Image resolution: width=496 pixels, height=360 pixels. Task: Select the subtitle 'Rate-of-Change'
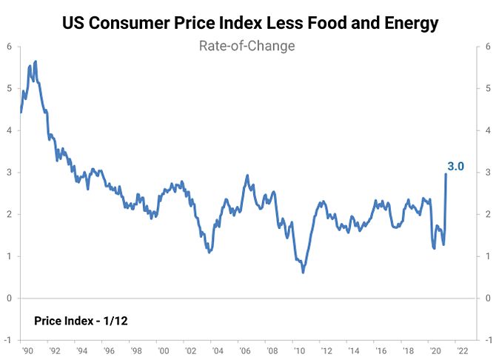click(247, 46)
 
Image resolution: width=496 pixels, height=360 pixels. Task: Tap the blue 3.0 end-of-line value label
click(455, 167)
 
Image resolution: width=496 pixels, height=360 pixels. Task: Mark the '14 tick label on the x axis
click(352, 350)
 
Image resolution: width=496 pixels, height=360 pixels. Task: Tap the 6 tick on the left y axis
click(9, 47)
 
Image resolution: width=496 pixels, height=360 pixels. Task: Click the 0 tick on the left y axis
click(9, 299)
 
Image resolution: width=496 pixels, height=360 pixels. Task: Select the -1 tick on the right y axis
click(485, 340)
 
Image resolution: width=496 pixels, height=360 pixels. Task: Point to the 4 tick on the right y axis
click(486, 130)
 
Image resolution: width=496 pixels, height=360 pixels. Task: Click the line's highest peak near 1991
click(36, 61)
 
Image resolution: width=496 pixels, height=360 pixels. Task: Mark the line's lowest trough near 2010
click(303, 273)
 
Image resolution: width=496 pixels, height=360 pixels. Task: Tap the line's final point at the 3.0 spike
click(446, 174)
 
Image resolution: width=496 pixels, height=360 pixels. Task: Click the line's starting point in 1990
click(21, 112)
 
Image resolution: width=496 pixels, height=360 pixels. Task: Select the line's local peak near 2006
click(247, 176)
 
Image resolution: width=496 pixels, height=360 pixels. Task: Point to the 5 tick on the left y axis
click(9, 89)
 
